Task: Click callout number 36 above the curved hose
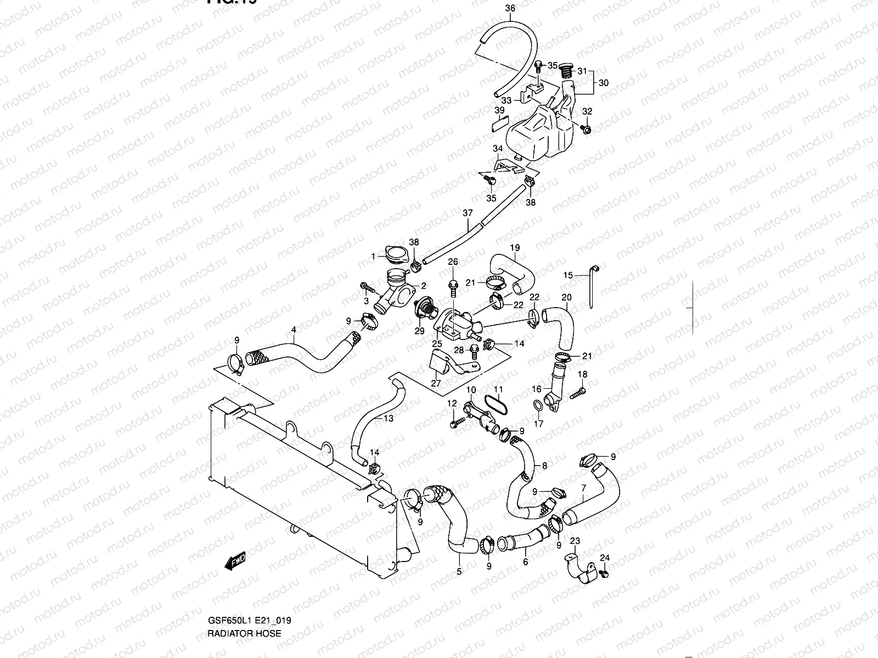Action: point(510,8)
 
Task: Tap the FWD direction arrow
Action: point(235,561)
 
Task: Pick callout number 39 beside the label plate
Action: point(499,110)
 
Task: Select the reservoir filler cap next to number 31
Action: point(565,70)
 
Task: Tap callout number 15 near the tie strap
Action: point(568,275)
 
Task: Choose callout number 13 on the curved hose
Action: point(388,418)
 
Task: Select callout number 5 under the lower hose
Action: point(459,571)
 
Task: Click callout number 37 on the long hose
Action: point(468,212)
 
